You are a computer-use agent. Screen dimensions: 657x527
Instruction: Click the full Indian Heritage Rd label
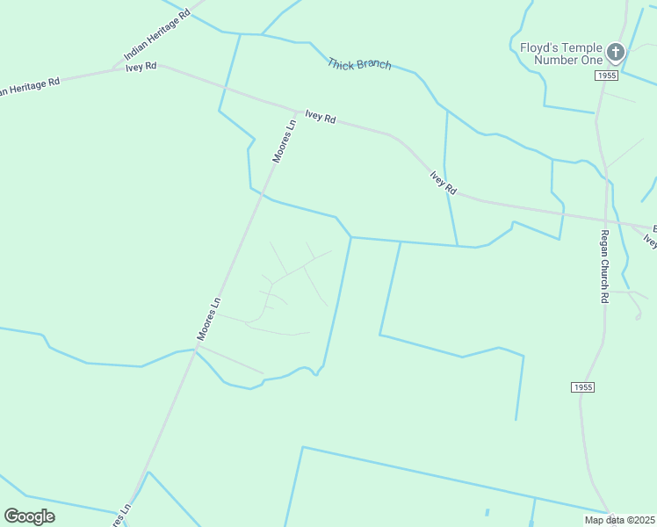pyautogui.click(x=157, y=36)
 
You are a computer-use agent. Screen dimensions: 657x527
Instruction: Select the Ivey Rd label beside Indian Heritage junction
pyautogui.click(x=141, y=67)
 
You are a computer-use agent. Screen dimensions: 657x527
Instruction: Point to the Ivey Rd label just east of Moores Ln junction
pyautogui.click(x=321, y=116)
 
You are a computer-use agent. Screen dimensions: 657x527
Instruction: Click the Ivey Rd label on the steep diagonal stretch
pyautogui.click(x=444, y=182)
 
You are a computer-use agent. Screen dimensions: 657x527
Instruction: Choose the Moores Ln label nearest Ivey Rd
pyautogui.click(x=285, y=141)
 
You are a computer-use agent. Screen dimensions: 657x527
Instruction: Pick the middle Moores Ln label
pyautogui.click(x=208, y=319)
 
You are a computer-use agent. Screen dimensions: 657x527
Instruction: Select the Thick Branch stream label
pyautogui.click(x=359, y=64)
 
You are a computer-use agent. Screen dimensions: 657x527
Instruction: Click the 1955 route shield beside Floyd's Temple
pyautogui.click(x=606, y=76)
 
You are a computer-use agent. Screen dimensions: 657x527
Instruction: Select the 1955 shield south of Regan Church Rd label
pyautogui.click(x=581, y=386)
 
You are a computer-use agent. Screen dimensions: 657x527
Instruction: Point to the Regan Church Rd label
pyautogui.click(x=604, y=266)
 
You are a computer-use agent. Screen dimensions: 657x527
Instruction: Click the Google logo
pyautogui.click(x=29, y=516)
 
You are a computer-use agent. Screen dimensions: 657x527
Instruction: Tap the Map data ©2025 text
pyautogui.click(x=619, y=520)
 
